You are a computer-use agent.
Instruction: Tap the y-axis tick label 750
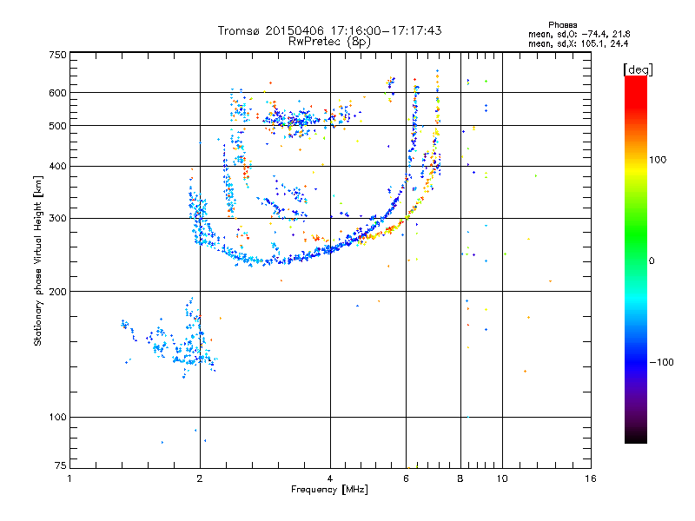tap(57, 55)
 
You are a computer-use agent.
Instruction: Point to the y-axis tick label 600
tap(57, 93)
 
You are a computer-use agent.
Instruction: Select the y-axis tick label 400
tap(57, 166)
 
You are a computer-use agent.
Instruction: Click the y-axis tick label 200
tap(57, 291)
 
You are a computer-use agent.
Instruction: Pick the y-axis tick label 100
tap(57, 417)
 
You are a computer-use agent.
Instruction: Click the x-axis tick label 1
tap(69, 478)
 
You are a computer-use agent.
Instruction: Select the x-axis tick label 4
tap(330, 478)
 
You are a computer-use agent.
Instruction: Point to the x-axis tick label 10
tap(501, 478)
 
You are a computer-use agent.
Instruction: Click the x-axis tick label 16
tap(590, 478)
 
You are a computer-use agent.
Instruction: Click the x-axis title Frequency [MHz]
tap(329, 490)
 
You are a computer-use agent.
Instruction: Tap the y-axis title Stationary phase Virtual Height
tap(38, 260)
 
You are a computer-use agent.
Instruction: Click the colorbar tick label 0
tap(653, 260)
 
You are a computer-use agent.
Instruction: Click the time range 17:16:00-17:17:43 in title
tap(383, 30)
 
